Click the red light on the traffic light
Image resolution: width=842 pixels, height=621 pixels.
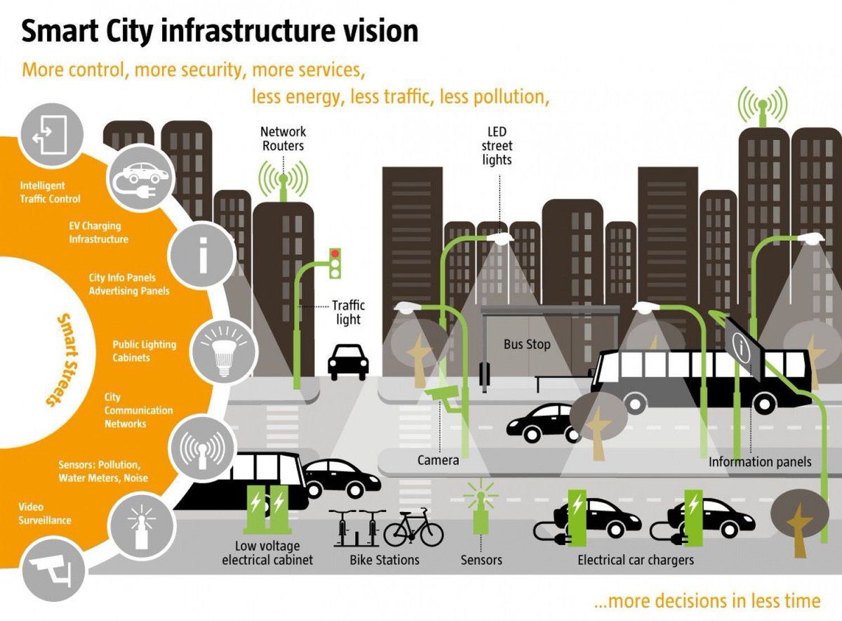click(x=335, y=253)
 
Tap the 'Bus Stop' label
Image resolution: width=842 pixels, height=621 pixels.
click(x=527, y=344)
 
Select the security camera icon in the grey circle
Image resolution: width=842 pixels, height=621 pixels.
click(x=53, y=570)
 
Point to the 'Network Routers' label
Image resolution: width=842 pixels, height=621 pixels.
click(x=283, y=138)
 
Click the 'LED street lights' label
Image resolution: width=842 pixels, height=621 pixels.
click(x=497, y=145)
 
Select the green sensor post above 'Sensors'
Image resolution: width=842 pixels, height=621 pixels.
click(x=481, y=516)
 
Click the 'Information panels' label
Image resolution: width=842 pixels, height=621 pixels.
click(x=760, y=462)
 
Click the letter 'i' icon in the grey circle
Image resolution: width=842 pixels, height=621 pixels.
click(x=202, y=254)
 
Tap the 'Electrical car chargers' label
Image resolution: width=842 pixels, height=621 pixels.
click(x=636, y=560)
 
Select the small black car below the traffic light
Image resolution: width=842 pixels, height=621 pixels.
click(x=348, y=360)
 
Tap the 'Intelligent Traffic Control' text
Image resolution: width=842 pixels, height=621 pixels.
click(x=50, y=192)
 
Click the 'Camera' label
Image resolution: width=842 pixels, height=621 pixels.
click(x=438, y=460)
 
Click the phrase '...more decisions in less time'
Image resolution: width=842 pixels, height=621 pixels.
click(x=707, y=601)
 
